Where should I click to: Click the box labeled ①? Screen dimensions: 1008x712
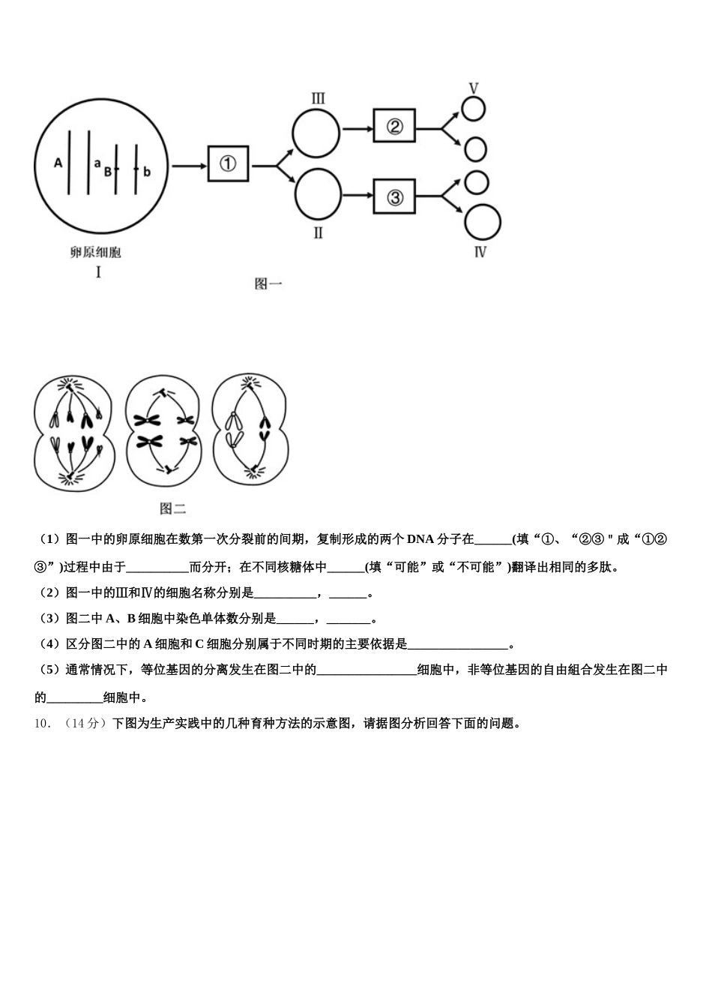pyautogui.click(x=229, y=163)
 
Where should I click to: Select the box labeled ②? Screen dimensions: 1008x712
pyautogui.click(x=394, y=127)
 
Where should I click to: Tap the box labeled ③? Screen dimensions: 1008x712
pyautogui.click(x=394, y=198)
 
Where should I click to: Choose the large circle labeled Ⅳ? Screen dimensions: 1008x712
pyautogui.click(x=483, y=223)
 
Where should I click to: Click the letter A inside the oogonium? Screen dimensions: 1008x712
pyautogui.click(x=58, y=162)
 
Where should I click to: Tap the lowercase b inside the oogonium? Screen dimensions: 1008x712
pyautogui.click(x=147, y=172)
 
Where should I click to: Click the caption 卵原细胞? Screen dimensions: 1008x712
pyautogui.click(x=96, y=253)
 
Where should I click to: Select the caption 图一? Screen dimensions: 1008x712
pyautogui.click(x=268, y=283)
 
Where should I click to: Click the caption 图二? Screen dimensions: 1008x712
pyautogui.click(x=173, y=509)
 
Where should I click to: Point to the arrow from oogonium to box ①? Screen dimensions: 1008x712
pyautogui.click(x=188, y=164)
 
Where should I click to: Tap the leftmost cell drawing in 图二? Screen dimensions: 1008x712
pyautogui.click(x=73, y=433)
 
